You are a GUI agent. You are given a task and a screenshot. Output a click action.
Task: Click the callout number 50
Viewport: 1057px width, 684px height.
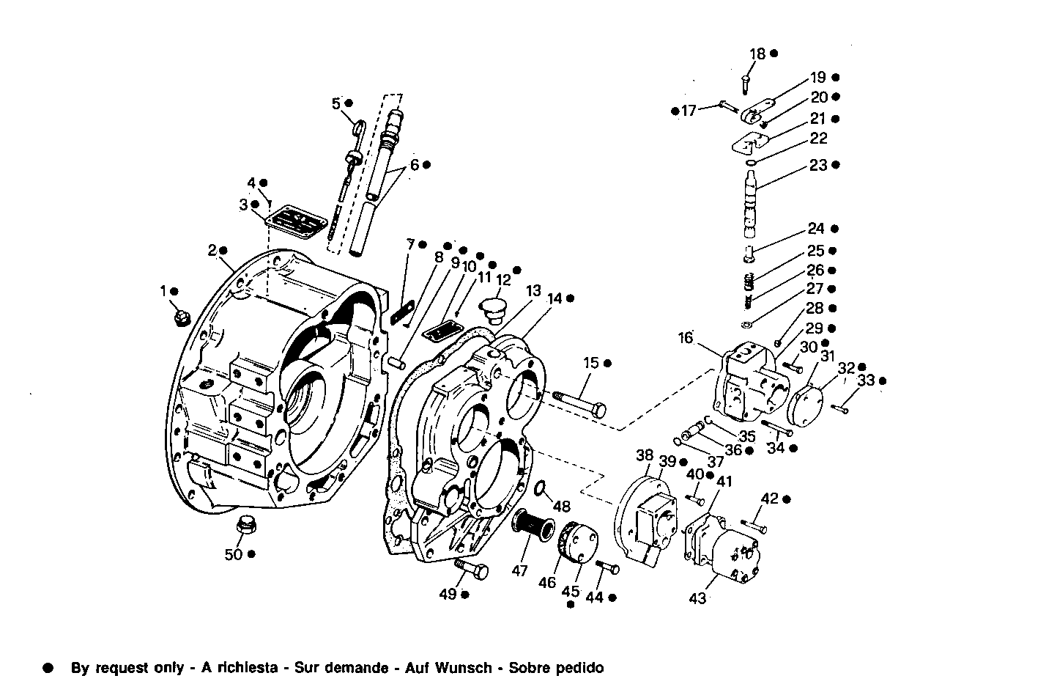tap(233, 555)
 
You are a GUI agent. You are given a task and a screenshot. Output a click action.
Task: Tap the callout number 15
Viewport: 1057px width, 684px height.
tap(591, 363)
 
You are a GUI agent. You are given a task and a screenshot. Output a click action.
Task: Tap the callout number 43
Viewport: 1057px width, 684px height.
tap(697, 598)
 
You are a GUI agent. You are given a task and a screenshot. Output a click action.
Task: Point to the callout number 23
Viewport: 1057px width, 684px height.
tap(817, 166)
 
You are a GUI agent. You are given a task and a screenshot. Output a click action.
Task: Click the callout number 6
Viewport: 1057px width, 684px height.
tap(414, 165)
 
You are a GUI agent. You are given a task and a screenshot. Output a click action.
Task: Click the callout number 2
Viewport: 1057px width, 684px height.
tap(212, 251)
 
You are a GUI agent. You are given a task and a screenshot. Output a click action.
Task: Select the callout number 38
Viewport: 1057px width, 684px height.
tap(644, 455)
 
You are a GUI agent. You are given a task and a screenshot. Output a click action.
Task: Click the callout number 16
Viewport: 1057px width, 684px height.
tap(685, 338)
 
